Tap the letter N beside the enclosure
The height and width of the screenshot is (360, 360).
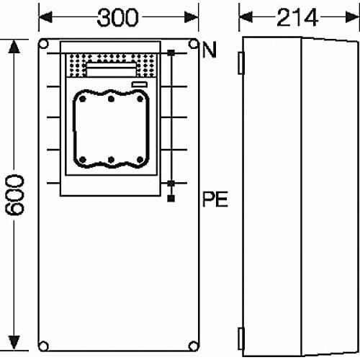tap(210, 50)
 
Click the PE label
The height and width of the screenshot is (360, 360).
tap(215, 199)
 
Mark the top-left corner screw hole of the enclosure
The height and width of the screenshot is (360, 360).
tap(44, 45)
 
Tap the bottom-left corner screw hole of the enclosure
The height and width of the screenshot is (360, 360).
tap(44, 343)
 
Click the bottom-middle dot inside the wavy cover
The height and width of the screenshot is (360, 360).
tap(109, 158)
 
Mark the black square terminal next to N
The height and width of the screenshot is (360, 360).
tap(171, 53)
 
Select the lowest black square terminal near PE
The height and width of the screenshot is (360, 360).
tap(171, 195)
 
